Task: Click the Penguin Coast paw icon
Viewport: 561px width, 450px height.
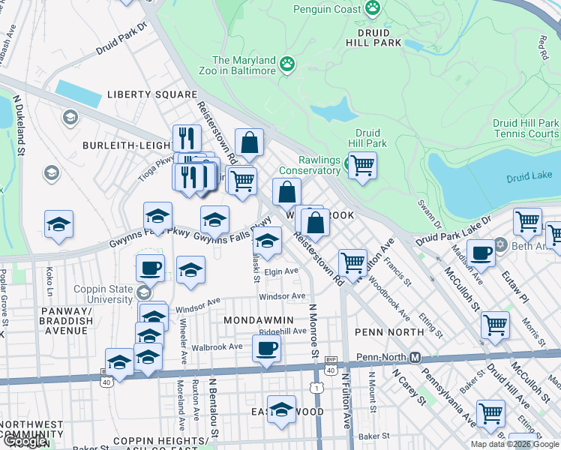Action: click(373, 9)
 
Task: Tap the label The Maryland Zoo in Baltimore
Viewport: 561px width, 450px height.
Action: click(244, 65)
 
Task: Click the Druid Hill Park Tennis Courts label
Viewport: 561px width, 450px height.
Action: click(526, 128)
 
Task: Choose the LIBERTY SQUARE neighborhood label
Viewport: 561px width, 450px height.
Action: click(151, 94)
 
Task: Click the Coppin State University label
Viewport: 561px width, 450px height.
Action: click(103, 294)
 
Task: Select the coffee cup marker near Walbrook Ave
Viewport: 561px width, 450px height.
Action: click(266, 349)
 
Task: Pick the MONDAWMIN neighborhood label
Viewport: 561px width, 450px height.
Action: click(258, 319)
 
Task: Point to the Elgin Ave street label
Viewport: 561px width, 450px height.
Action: click(283, 272)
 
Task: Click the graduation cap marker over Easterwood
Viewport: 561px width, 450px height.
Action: click(281, 411)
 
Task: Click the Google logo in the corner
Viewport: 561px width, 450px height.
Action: click(24, 442)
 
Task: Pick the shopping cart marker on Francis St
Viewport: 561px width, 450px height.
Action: click(352, 263)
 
